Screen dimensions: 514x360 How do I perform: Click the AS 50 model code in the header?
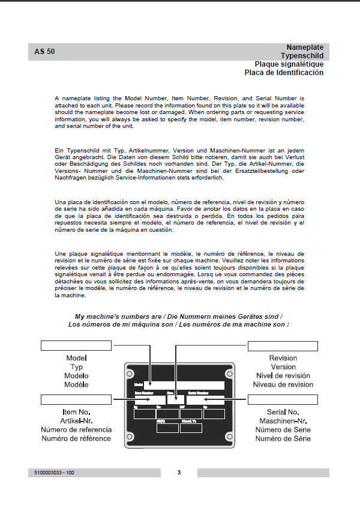click(x=45, y=52)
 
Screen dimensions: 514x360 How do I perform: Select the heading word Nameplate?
click(x=305, y=47)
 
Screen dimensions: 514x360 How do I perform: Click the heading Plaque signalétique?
click(x=289, y=64)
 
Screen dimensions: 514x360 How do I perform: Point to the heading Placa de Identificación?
click(x=284, y=73)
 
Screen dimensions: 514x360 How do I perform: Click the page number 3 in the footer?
click(x=179, y=473)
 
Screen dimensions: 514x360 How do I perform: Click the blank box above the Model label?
click(x=76, y=345)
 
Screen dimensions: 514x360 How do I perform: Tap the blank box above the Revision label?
click(x=283, y=345)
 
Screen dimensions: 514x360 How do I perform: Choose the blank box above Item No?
click(x=76, y=399)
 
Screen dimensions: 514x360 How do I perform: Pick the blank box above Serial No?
click(x=283, y=399)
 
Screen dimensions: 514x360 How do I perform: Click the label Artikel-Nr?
click(x=76, y=421)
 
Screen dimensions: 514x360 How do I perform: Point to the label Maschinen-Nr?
click(x=283, y=421)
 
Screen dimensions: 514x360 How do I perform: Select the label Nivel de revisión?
click(x=283, y=376)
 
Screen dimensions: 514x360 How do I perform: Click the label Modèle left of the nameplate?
click(x=76, y=384)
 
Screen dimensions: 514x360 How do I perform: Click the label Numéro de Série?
click(x=283, y=438)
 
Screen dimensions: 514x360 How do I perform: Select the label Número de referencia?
click(x=76, y=430)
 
